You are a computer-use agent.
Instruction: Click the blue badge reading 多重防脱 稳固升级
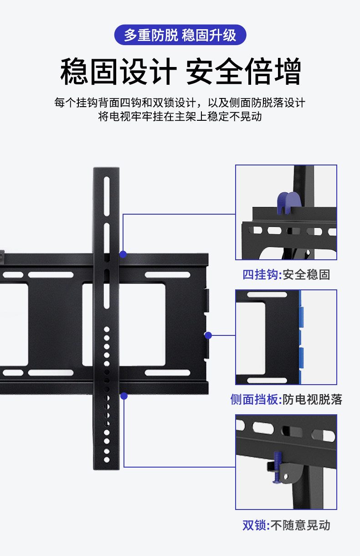180,35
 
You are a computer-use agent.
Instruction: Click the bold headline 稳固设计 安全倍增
180,72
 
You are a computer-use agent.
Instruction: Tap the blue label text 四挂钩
260,275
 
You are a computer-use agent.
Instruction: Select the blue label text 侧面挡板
254,400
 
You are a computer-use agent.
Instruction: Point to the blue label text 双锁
254,525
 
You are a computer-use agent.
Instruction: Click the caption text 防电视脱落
312,400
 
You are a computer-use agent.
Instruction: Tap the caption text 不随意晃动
300,525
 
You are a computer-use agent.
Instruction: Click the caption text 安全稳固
306,275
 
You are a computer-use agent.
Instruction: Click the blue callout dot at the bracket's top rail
123,254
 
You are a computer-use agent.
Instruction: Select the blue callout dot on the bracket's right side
208,335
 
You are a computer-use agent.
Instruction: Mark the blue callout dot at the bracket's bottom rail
123,396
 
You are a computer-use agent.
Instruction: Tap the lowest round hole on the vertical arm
107,459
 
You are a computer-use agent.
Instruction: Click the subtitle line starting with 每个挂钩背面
180,103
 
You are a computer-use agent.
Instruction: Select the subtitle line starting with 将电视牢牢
180,116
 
